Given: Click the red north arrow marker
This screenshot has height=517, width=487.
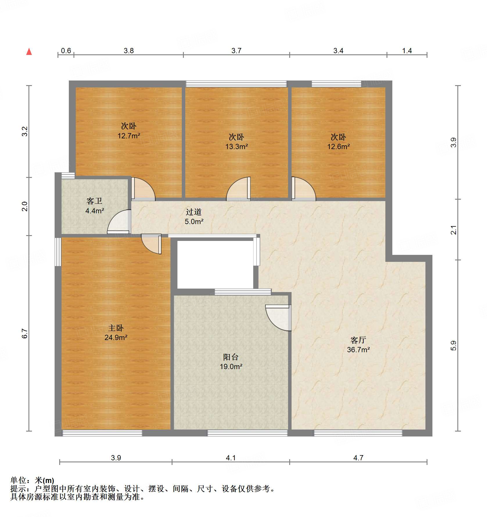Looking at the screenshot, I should coord(29,52).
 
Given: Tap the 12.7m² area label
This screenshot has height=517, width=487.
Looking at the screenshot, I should coord(129,136).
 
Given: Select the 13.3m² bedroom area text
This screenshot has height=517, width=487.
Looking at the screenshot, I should coord(236,146).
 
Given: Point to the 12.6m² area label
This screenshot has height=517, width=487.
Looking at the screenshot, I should coord(338,146).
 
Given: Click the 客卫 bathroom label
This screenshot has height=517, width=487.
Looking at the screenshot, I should coord(94,201).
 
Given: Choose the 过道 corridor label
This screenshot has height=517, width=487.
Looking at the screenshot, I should coord(194,212).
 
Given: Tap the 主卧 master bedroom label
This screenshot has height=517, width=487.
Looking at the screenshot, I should coord(116,328).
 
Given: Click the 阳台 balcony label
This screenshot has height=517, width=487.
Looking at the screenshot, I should coord(231,357).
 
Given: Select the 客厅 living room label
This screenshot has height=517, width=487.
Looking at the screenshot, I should coord(358,340).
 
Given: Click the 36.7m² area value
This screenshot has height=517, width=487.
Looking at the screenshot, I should coord(358,350).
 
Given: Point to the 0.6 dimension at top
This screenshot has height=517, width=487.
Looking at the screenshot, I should coord(66,51).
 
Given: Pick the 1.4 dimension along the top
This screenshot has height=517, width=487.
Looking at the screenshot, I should coord(407,51).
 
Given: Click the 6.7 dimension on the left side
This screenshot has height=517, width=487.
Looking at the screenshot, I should coord(25,333).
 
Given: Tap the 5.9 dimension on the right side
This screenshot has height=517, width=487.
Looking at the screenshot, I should coord(453,346).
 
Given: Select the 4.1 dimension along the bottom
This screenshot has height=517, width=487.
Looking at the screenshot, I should coord(231,458).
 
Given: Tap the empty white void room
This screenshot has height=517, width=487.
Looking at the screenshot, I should coord(215,264).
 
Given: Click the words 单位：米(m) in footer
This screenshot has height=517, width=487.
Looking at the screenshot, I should coord(32,480).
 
